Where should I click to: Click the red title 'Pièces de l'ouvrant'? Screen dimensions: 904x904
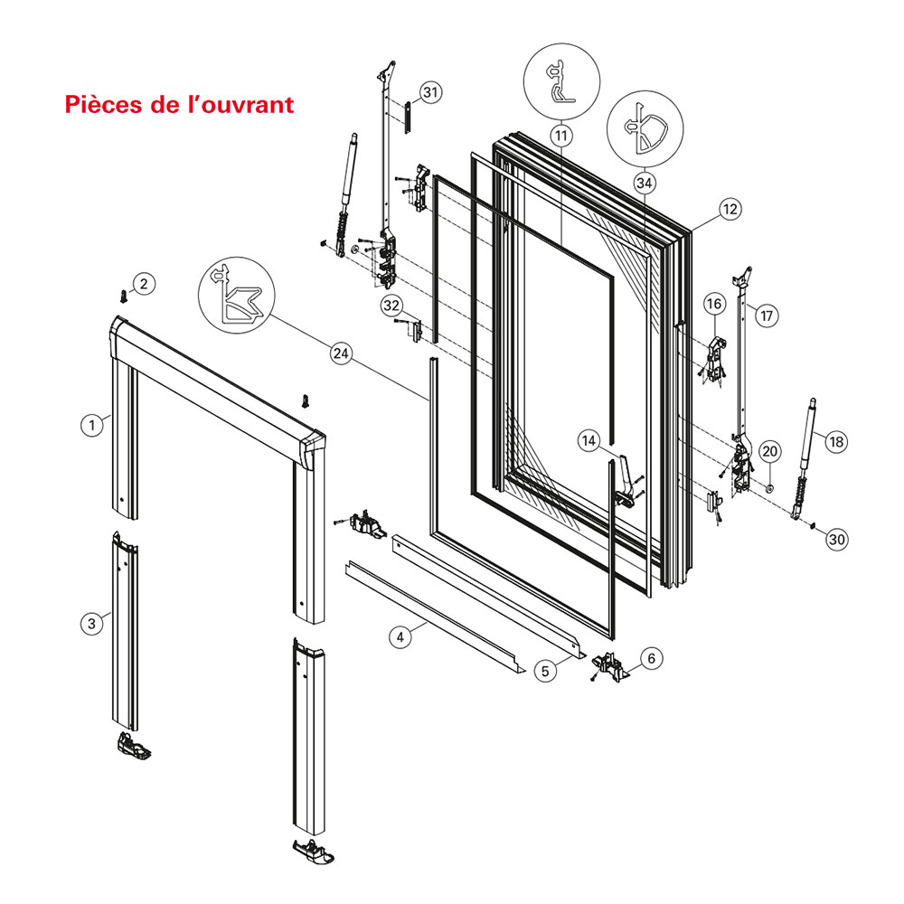[x=179, y=105]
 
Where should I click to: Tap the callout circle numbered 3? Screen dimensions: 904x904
[x=90, y=623]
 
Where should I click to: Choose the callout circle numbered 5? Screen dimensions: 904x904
[x=544, y=671]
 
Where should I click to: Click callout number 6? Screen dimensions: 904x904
[x=653, y=659]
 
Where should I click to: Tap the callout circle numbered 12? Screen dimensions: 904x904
[x=730, y=209]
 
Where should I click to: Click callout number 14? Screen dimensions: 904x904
[x=590, y=441]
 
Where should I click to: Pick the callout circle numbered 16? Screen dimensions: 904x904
[x=712, y=304]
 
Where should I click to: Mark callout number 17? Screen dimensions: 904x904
[x=766, y=315]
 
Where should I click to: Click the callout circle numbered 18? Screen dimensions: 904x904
[x=835, y=442]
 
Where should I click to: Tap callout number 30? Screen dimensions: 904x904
[x=837, y=539]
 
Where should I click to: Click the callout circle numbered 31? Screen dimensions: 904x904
[x=430, y=92]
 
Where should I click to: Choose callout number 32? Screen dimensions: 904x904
[x=391, y=306]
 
